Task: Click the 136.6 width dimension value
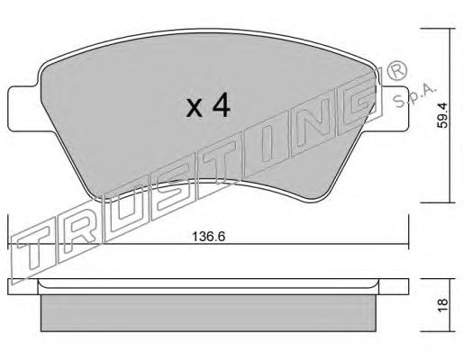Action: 208,237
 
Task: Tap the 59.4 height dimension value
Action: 442,115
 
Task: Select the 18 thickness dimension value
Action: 443,305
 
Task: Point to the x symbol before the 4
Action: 195,108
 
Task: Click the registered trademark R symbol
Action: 397,72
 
